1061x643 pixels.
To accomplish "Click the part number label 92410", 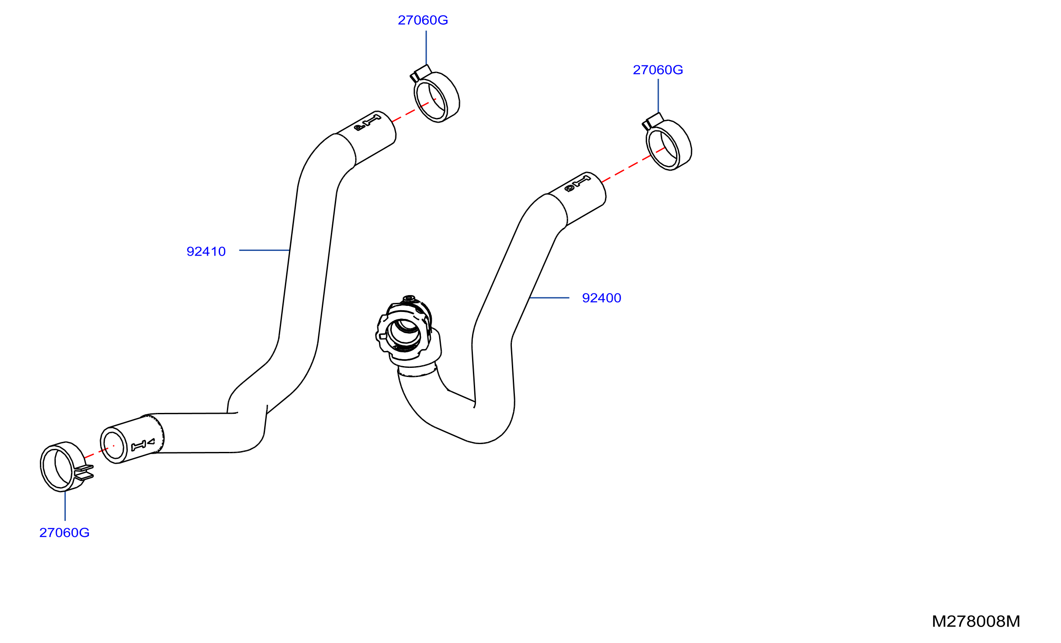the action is [x=206, y=251].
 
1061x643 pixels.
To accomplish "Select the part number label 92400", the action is [x=602, y=298].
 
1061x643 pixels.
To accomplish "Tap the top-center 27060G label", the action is [x=423, y=20].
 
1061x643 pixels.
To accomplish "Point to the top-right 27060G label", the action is [x=658, y=70].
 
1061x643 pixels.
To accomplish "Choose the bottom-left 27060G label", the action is [x=65, y=533].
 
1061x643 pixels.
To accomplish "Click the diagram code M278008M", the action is [x=976, y=621].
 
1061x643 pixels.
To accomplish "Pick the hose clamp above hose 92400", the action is [x=667, y=142].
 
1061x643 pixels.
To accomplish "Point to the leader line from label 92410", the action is [x=264, y=250].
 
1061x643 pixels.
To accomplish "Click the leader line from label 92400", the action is [x=549, y=298].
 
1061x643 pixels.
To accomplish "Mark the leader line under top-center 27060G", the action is [x=426, y=48].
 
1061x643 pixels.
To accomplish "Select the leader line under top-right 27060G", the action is [x=658, y=96].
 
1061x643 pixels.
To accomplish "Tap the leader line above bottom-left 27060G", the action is [x=65, y=506].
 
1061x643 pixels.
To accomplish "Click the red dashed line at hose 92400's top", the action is [x=634, y=165].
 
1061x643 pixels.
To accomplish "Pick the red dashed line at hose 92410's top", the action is [x=414, y=110].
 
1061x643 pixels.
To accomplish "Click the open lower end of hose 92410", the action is [x=113, y=445].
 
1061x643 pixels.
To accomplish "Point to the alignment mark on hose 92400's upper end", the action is [x=578, y=184].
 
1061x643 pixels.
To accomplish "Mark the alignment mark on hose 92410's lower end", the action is [x=143, y=445].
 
